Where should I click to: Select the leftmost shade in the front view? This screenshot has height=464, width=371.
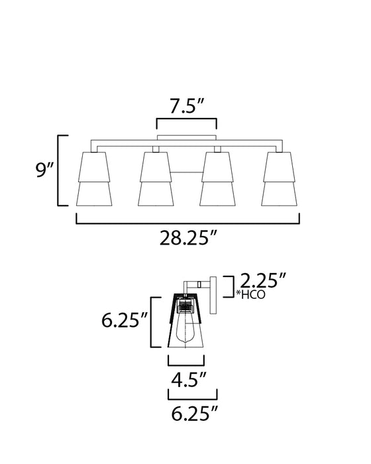95,179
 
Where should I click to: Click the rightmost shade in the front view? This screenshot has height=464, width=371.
280,179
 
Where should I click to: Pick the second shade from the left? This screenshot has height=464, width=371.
156,179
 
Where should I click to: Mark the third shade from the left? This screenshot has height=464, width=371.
219,179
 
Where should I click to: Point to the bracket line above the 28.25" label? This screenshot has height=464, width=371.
188,223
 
